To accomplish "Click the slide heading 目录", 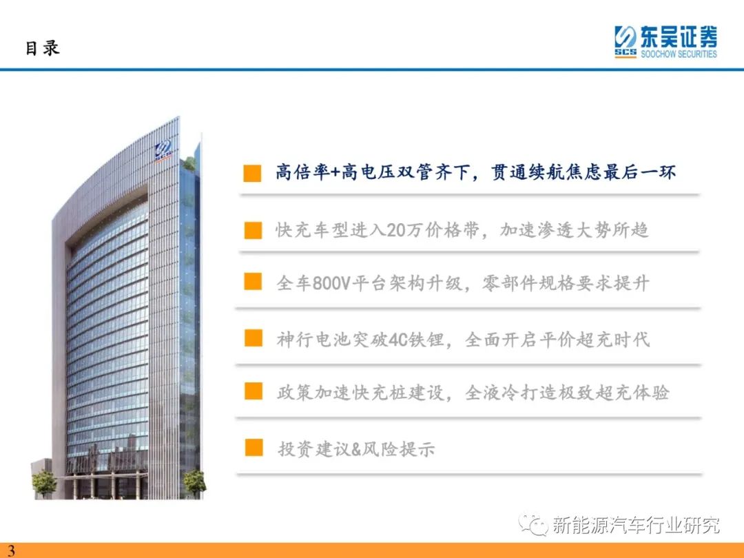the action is [x=43, y=48].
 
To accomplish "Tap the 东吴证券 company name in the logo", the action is [x=679, y=37].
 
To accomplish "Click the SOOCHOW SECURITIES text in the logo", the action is [x=679, y=54].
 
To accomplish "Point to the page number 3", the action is [x=10, y=550].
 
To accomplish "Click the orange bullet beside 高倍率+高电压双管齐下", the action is [x=252, y=173].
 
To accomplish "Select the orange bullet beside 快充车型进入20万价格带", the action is [x=253, y=230].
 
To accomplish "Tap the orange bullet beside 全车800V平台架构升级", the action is [x=253, y=281].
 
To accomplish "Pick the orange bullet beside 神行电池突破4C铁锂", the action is [x=254, y=338].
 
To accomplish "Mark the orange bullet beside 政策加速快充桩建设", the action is [x=254, y=391].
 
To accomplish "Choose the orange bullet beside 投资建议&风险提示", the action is [x=254, y=448].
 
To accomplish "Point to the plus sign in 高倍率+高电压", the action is [x=335, y=172].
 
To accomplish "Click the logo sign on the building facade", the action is [x=163, y=151].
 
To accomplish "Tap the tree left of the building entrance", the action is [x=43, y=483].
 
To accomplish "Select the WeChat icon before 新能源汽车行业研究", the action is [x=533, y=524].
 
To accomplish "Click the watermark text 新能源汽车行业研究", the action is [x=636, y=525].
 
